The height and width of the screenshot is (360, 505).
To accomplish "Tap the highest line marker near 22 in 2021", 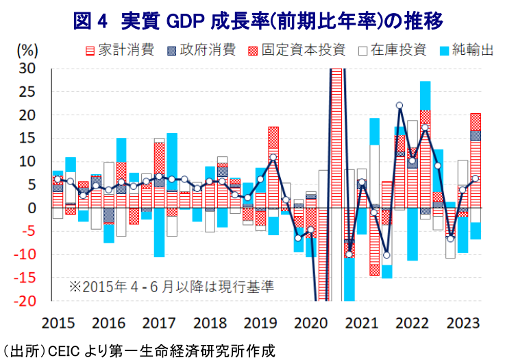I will pos(399,106).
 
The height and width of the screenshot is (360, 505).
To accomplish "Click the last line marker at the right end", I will pos(476,178).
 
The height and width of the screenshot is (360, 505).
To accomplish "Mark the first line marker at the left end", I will pos(58,179).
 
